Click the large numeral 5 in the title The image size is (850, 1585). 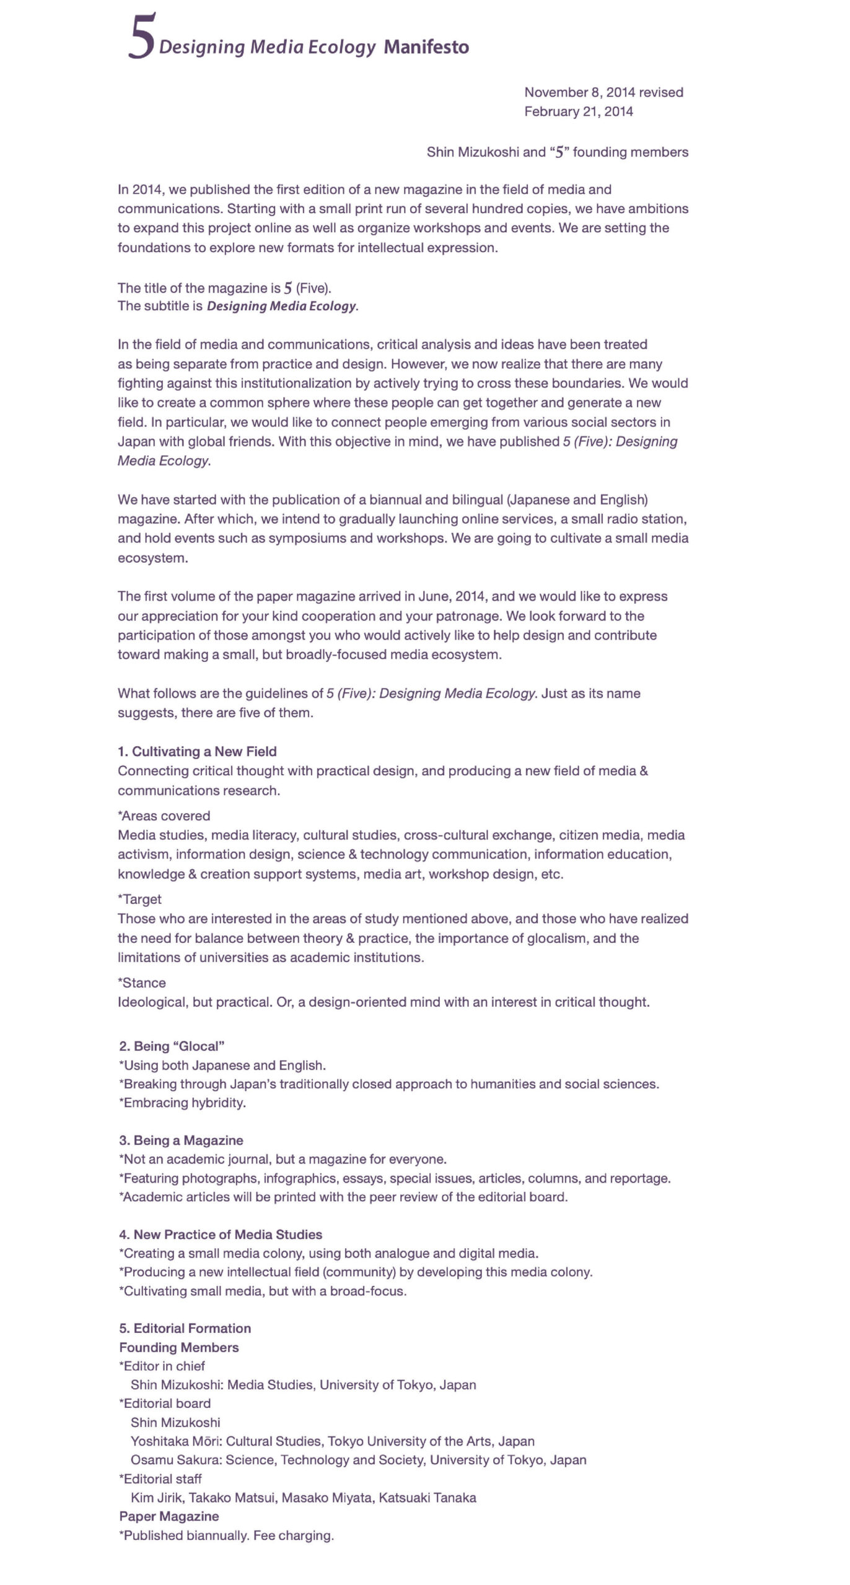141,38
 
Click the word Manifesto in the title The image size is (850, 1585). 426,47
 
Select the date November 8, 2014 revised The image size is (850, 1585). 603,92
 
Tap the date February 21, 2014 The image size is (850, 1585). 578,111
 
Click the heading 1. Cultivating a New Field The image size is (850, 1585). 197,752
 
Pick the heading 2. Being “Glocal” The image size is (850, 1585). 172,1046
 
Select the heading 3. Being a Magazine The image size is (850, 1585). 181,1140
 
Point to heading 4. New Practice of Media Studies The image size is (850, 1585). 221,1234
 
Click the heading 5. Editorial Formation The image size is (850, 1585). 185,1328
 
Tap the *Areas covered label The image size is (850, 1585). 164,815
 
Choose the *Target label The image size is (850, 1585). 139,899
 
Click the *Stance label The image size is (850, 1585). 141,983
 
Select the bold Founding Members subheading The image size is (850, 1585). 178,1347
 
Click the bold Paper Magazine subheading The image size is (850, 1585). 169,1516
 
